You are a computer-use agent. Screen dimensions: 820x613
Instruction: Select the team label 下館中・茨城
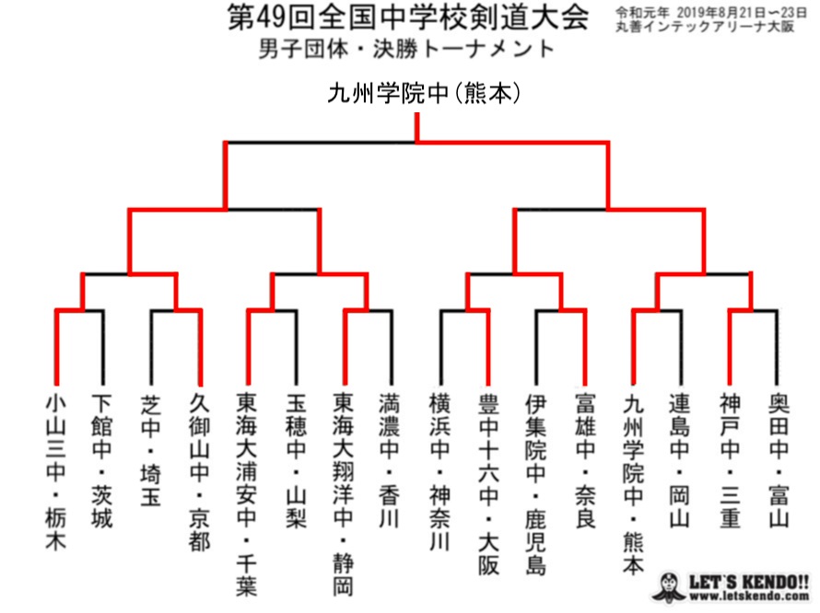point(102,461)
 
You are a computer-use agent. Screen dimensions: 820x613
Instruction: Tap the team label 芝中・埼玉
point(150,450)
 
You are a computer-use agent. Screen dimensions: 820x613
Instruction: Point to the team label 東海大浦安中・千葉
point(246,494)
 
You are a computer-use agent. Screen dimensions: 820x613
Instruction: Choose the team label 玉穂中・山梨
point(296,461)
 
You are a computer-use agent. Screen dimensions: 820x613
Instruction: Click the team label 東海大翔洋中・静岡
point(343,494)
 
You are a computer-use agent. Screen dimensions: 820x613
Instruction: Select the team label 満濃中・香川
point(389,461)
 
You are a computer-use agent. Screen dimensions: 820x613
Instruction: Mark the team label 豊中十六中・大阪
point(488,483)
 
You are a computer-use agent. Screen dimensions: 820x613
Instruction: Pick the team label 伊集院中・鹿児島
point(535,483)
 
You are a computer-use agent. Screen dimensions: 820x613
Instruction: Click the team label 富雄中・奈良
point(585,461)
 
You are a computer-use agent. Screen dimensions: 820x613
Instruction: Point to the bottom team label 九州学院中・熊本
point(633,483)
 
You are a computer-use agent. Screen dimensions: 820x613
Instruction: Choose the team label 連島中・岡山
point(680,461)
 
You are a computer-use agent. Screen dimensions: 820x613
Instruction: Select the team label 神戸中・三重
point(730,461)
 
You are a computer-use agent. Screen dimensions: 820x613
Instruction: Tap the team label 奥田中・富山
point(779,461)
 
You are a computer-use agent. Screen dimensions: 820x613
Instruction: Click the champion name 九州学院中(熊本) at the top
point(424,94)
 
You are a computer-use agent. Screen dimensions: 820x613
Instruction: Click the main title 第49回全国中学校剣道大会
point(408,17)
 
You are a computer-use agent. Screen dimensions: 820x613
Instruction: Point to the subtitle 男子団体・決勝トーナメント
point(406,49)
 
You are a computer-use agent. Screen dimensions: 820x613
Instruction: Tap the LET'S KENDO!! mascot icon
point(669,587)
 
